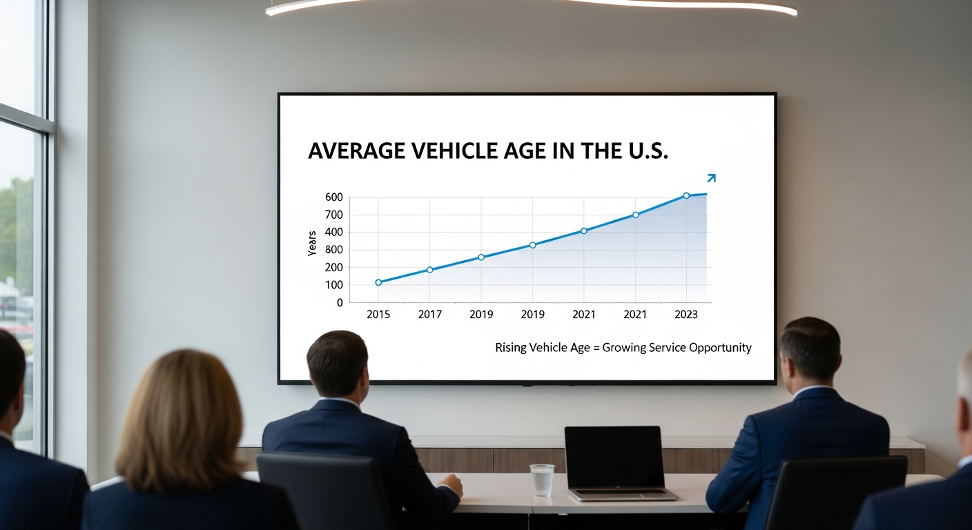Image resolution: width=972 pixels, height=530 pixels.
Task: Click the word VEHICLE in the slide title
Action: coord(451,151)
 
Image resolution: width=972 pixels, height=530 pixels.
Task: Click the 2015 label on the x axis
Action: coord(378,314)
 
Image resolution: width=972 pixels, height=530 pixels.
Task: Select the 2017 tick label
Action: coord(430,314)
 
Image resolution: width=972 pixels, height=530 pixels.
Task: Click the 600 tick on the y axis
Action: coord(333,197)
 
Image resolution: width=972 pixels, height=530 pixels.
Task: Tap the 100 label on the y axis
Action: coord(333,285)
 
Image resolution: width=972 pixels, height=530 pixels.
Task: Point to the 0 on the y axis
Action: coord(339,302)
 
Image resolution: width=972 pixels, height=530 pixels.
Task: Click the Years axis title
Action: coord(312,243)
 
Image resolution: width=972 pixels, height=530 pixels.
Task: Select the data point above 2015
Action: coord(378,282)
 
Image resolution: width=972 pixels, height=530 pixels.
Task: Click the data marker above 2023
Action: coord(686,195)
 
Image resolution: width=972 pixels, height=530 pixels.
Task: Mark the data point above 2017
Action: coord(429,270)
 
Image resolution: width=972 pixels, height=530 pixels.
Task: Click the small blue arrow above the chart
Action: coord(711,178)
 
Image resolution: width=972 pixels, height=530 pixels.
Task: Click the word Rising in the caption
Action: coord(510,347)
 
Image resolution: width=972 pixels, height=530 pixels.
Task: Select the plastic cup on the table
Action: coord(542,480)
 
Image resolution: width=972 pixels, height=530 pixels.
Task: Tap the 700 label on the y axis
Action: coord(333,215)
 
